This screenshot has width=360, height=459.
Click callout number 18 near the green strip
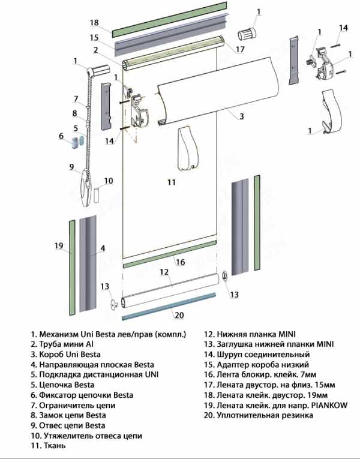94,23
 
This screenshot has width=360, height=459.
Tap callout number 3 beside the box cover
241,115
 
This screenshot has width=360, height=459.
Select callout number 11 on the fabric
171,182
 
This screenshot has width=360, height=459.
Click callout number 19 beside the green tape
58,245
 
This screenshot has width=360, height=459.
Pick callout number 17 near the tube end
240,49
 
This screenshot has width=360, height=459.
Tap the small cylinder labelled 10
97,196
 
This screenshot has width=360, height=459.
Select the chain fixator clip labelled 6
77,142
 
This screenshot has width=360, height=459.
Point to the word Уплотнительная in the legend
247,415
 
